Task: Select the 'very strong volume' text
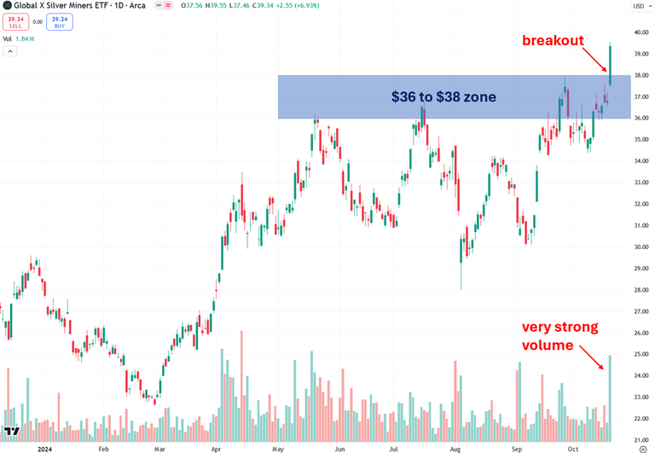click(560, 336)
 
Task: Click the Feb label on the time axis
click(103, 446)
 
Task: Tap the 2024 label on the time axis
click(39, 446)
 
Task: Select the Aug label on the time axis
click(455, 446)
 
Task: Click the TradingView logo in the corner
click(12, 432)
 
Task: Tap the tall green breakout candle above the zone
click(611, 64)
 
